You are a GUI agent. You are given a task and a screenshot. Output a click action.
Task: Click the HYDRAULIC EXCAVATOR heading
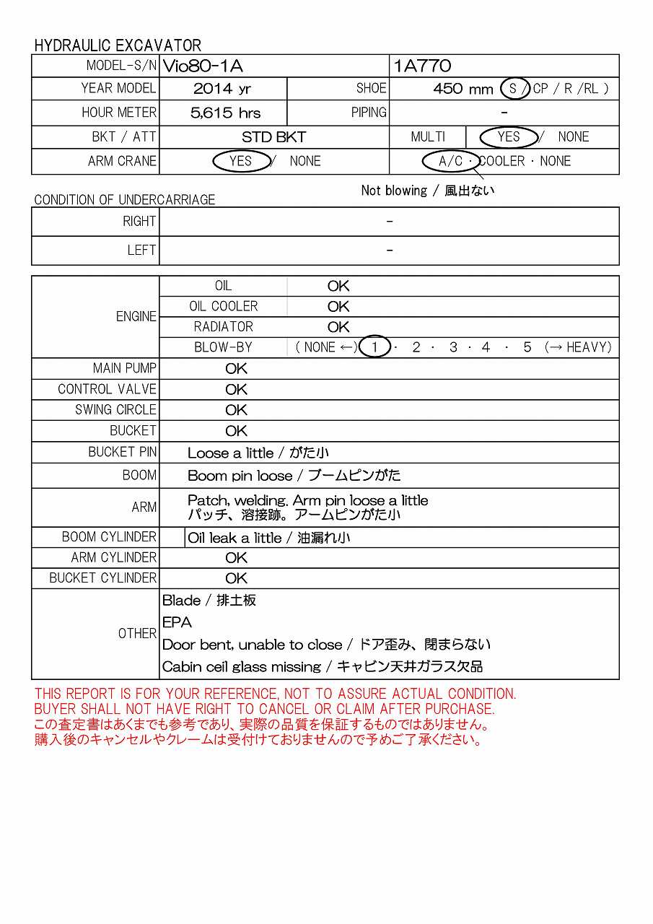point(118,45)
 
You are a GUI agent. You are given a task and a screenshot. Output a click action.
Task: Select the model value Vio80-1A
point(203,66)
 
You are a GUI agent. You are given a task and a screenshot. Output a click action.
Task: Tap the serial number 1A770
point(422,66)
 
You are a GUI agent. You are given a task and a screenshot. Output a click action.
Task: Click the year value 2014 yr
point(222,90)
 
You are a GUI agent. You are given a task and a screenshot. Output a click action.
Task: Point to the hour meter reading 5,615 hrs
point(225,113)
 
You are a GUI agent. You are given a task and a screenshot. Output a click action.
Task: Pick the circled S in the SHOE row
point(514,89)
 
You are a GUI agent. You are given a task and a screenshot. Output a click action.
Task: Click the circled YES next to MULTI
point(509,137)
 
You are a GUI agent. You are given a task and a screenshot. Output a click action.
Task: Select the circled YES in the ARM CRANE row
point(241,161)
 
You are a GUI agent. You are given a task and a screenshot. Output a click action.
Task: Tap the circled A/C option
point(451,161)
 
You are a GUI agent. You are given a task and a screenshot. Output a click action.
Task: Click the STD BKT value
point(273,137)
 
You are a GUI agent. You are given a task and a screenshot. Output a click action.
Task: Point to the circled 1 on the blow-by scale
point(374,347)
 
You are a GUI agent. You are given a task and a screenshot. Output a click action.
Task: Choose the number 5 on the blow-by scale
point(527,347)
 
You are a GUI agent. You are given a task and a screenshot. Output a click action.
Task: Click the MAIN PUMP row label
point(124,368)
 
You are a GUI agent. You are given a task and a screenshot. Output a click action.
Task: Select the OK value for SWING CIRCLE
point(236,410)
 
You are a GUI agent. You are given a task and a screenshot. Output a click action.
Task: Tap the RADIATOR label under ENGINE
point(224,327)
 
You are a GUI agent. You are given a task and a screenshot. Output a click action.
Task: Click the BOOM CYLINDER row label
point(109,537)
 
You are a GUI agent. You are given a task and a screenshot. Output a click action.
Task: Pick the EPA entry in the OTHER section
point(177,622)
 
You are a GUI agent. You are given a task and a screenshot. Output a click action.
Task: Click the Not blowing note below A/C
point(428,191)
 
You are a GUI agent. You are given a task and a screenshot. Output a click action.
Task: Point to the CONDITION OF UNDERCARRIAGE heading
point(124,200)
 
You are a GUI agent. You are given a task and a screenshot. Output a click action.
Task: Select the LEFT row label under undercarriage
point(141,250)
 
